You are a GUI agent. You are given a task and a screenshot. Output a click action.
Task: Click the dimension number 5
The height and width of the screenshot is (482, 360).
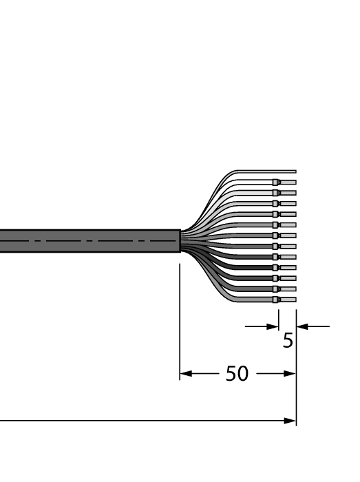pos(288,339)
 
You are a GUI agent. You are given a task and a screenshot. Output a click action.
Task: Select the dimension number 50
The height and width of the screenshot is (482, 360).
pos(237,375)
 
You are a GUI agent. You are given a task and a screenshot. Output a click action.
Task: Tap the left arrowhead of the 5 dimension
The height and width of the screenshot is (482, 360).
pos(273,326)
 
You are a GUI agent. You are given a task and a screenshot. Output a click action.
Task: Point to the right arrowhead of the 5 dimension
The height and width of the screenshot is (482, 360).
pos(301,326)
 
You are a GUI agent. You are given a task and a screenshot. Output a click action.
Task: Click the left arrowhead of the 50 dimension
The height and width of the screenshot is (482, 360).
pos(184,375)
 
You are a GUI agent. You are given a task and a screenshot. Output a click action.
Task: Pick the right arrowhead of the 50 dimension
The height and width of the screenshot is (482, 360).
pos(291,375)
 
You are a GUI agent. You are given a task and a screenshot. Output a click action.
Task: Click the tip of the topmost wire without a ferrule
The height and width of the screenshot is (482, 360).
pos(295,171)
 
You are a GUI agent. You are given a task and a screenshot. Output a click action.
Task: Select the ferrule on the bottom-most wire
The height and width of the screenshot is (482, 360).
pos(276,300)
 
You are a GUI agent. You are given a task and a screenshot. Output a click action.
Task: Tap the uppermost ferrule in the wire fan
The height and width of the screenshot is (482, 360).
pos(276,182)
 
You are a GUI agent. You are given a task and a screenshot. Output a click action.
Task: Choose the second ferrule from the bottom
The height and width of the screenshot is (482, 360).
pos(276,289)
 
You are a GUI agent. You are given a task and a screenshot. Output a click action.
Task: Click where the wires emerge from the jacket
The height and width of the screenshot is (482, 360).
pos(181,241)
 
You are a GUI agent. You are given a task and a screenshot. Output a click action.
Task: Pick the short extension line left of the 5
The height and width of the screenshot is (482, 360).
pos(279,318)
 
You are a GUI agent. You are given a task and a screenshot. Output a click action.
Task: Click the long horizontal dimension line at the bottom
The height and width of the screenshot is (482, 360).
pos(138,420)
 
